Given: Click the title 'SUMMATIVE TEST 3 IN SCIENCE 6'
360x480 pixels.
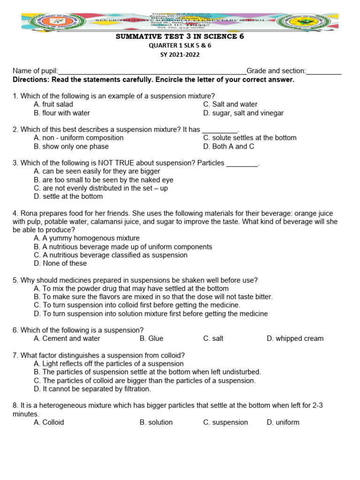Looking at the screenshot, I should coord(180,37).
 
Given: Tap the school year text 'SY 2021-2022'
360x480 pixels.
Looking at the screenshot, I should coord(180,54).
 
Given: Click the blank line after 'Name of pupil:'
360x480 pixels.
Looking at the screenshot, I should coord(152,71).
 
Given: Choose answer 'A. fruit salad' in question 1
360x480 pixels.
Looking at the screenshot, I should coord(53,105).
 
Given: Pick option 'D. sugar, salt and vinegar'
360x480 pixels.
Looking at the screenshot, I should coord(243,113).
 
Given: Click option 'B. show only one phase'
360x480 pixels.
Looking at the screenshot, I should coord(71,147).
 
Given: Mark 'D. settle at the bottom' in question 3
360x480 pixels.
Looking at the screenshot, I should coord(68,197).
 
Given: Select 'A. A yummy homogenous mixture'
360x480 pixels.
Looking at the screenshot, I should coord(87,239).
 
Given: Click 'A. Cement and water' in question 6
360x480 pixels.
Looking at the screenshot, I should coord(67,338).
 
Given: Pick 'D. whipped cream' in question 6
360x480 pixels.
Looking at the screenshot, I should coord(295,338).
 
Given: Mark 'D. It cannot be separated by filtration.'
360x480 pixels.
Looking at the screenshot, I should coord(92,389).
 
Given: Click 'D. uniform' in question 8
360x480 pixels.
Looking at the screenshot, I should coord(283,422).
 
